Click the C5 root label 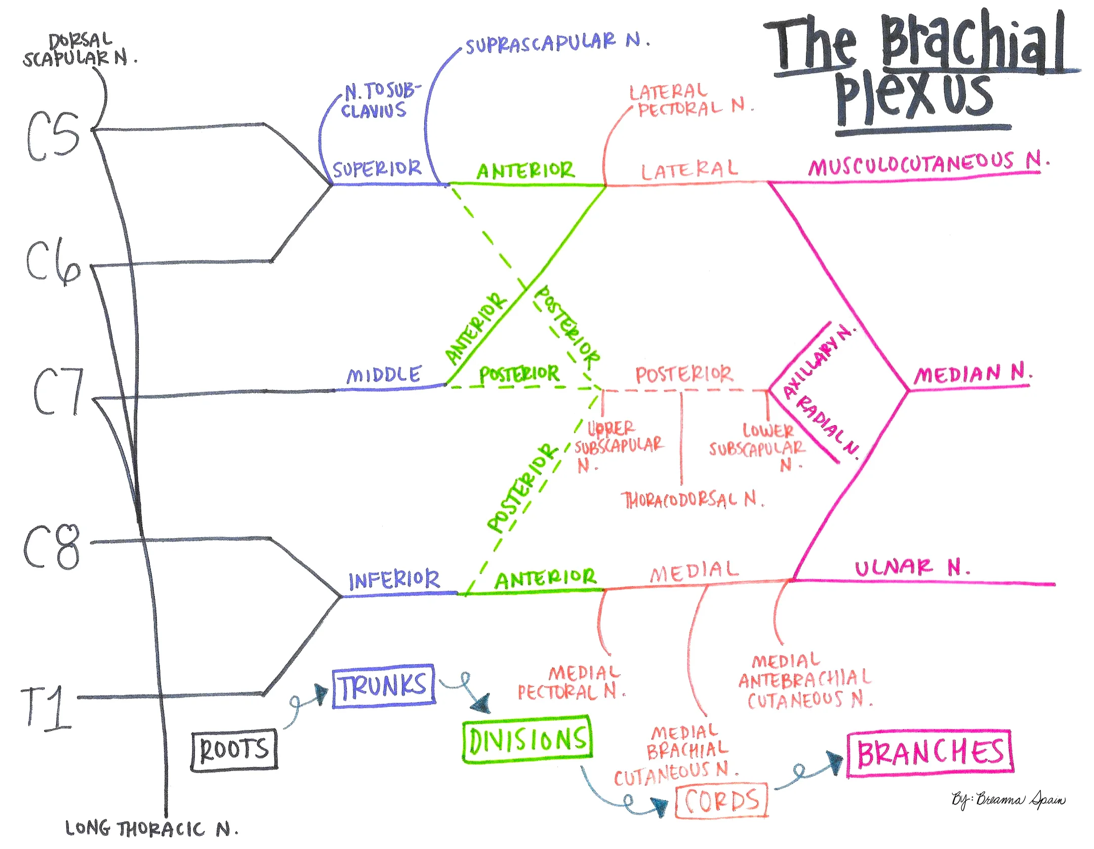click(x=53, y=136)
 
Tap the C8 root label click(x=52, y=547)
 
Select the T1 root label click(x=47, y=707)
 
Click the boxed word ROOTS click(x=234, y=750)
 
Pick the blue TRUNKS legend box click(x=384, y=686)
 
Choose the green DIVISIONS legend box click(x=527, y=739)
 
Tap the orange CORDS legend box click(x=721, y=800)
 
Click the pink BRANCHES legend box click(x=929, y=753)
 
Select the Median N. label click(x=972, y=374)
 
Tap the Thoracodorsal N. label click(x=693, y=500)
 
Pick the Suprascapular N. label click(x=557, y=43)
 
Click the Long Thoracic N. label click(x=151, y=829)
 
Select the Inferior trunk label click(x=394, y=580)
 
